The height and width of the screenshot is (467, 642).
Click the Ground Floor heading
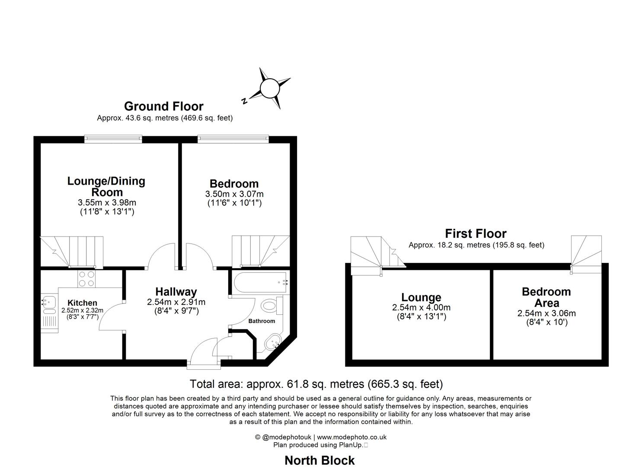coord(164,106)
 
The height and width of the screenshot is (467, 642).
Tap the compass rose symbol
coord(269,88)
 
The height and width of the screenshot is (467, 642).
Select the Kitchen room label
coord(82,303)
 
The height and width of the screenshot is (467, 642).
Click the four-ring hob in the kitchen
coord(86,279)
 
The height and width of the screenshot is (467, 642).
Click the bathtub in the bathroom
coord(260,282)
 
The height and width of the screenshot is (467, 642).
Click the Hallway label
coord(176,292)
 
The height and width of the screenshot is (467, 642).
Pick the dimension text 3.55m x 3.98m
coord(107,202)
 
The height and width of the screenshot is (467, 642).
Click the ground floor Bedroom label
coord(234,183)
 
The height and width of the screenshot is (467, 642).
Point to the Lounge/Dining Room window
coord(113,139)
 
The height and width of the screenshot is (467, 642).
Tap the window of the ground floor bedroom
coord(233,139)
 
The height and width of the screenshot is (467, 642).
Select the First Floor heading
coord(476,233)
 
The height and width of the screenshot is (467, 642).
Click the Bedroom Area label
coord(546,297)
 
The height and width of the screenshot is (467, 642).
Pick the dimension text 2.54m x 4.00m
coord(422,307)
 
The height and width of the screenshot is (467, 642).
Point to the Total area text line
coord(316,384)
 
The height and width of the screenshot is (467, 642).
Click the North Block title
coord(319,461)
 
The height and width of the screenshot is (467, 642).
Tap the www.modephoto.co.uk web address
coord(351,437)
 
